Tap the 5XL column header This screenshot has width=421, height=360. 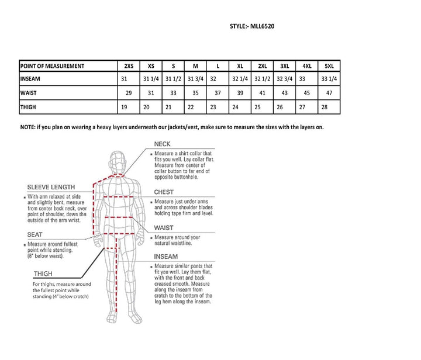pos(329,66)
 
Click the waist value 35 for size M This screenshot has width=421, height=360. pos(195,93)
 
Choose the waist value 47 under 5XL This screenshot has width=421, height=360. pos(329,93)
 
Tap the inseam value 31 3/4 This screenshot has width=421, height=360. pos(195,79)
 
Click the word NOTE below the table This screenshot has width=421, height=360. pos(27,127)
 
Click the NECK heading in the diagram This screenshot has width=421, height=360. pos(163,144)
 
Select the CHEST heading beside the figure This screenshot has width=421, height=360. pos(164,192)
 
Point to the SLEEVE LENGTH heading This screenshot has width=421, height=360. pos(51,187)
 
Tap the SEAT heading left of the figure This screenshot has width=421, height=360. pos(34,234)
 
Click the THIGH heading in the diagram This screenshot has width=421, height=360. pos(43,274)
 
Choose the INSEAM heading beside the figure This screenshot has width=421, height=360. pos(166,256)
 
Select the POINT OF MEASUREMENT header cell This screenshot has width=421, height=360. pos(53,66)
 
